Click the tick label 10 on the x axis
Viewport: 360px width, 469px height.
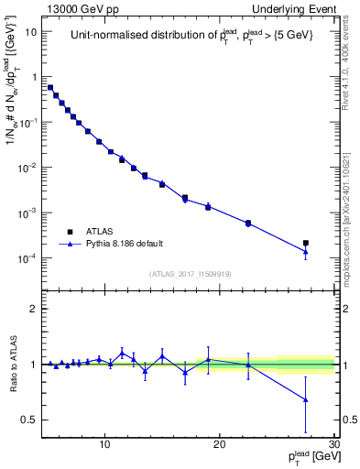click(105, 444)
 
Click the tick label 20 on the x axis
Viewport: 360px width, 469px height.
click(220, 444)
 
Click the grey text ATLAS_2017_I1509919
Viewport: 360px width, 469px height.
click(189, 273)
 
